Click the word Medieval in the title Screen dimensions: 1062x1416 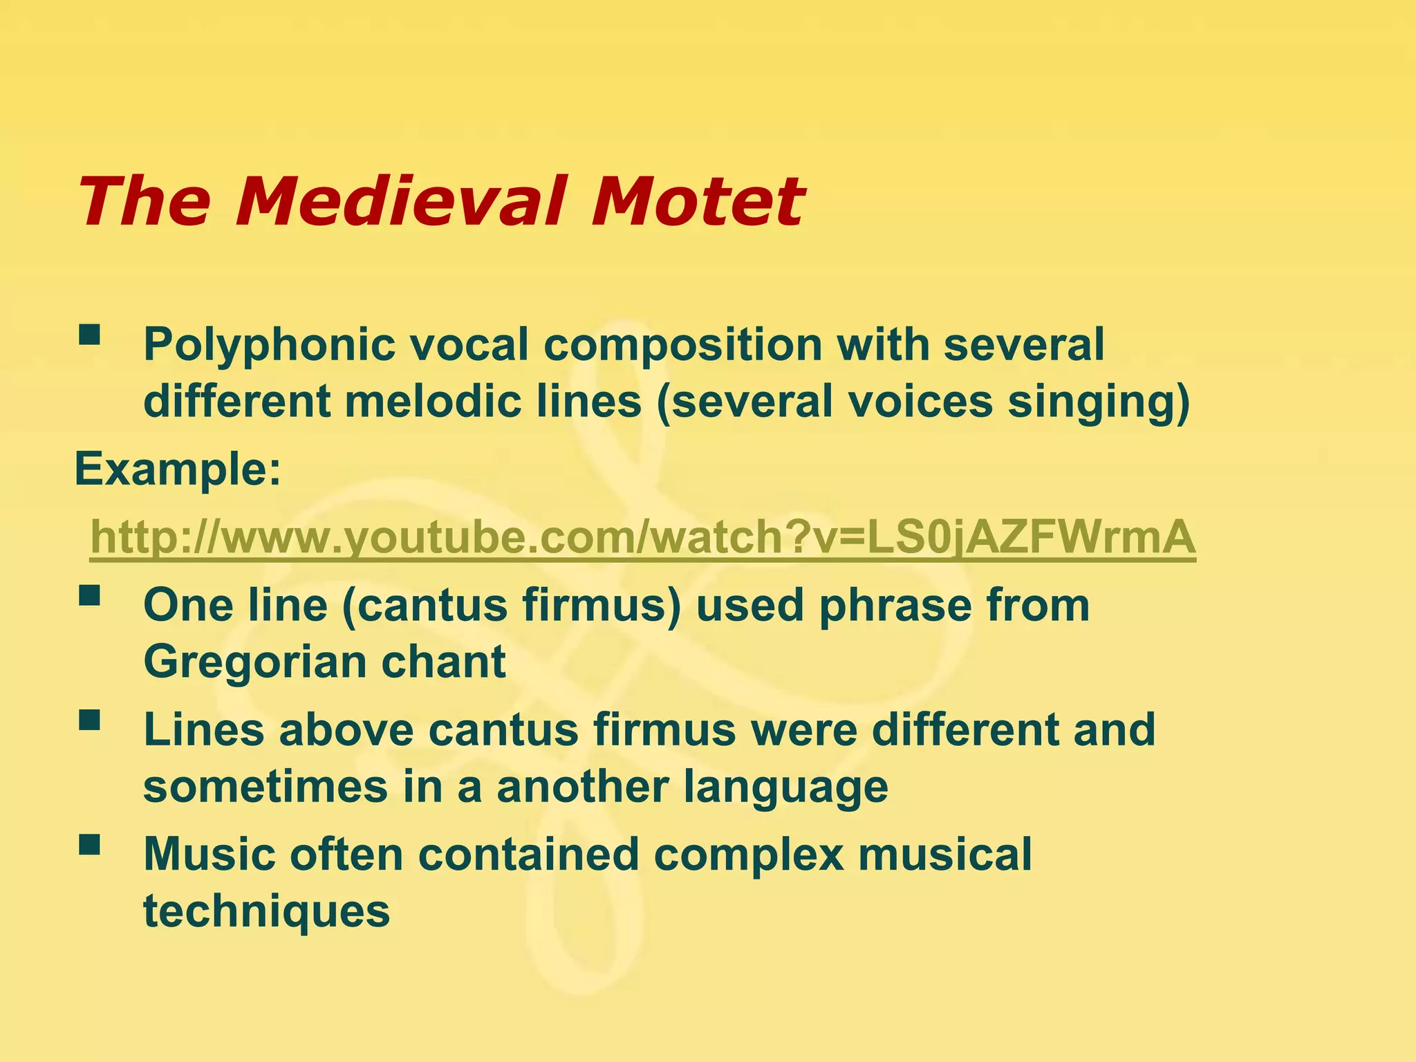[407, 202]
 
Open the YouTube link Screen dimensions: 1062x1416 [642, 537]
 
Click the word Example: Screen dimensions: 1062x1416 [178, 469]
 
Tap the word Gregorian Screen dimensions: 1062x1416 [251, 662]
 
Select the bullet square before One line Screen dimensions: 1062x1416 [89, 596]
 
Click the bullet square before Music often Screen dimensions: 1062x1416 [89, 844]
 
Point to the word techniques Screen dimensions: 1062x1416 [266, 912]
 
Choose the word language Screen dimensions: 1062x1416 [785, 788]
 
